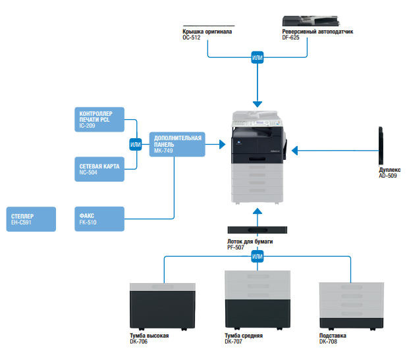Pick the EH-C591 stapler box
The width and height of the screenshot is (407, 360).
tap(30, 219)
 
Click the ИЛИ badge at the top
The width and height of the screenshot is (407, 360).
tap(258, 58)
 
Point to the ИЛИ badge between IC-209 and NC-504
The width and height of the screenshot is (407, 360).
tap(136, 144)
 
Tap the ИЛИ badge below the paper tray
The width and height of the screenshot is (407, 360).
tap(258, 256)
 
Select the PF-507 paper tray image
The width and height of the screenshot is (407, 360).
tap(258, 230)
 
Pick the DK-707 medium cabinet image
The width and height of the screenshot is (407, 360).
tap(258, 300)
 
